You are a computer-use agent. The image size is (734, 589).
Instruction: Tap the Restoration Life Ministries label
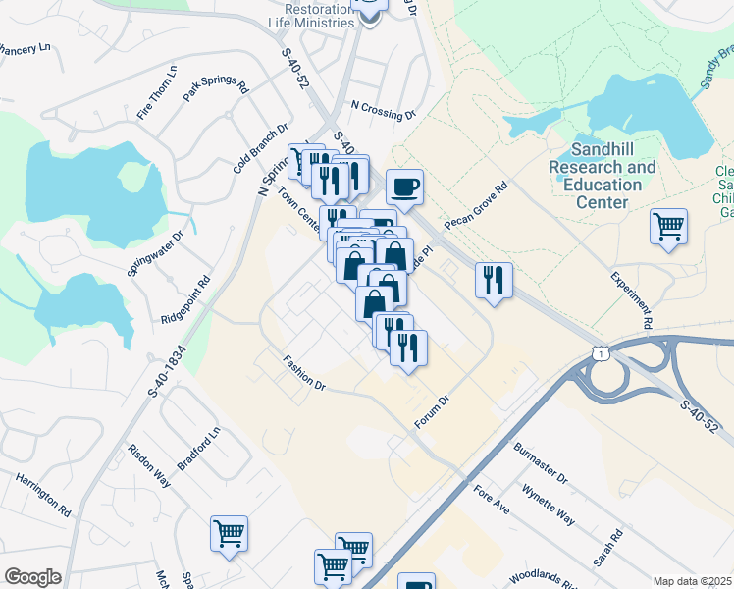click(x=311, y=15)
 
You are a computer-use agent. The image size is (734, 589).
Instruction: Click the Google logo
click(x=32, y=577)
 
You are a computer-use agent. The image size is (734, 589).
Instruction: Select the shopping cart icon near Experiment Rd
click(x=668, y=227)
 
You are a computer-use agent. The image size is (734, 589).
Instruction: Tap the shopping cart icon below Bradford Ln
click(x=229, y=534)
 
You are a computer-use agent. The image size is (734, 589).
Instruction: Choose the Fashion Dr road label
click(x=304, y=373)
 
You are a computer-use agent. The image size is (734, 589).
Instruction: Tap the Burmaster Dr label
click(x=541, y=463)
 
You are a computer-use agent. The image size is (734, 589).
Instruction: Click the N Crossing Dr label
click(x=383, y=110)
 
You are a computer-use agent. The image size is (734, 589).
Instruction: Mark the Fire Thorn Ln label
click(x=157, y=93)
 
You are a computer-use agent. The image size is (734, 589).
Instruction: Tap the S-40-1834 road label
click(x=167, y=363)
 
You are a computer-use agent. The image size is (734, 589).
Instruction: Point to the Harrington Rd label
click(x=43, y=495)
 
